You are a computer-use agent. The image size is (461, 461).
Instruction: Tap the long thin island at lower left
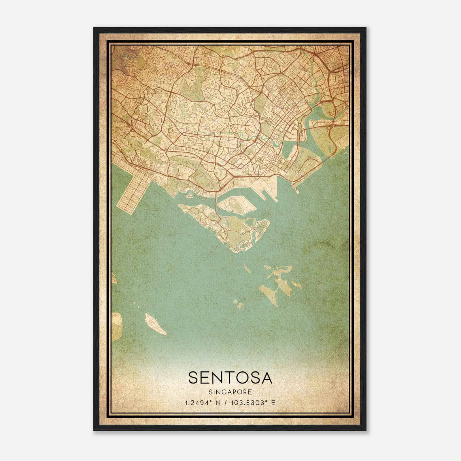point(155,324)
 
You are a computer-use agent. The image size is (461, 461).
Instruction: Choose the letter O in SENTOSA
point(244,378)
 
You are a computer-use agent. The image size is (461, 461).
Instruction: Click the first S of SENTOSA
point(194,378)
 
